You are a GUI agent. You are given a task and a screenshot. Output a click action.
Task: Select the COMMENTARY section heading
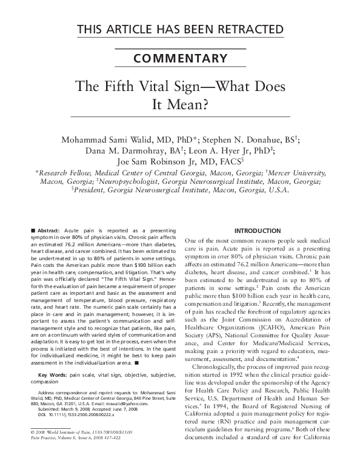tap(180, 59)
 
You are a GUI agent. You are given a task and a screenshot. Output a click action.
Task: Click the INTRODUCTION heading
tap(258, 231)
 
